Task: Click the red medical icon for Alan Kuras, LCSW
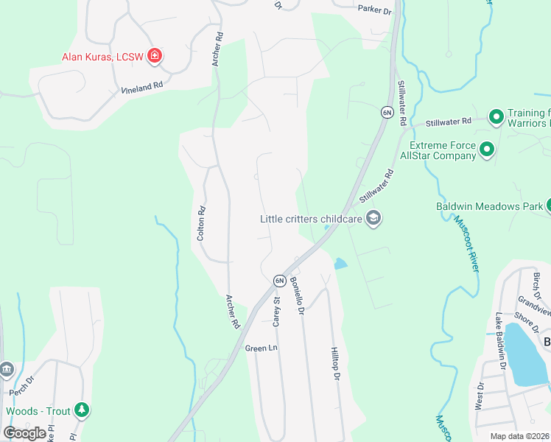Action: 155,55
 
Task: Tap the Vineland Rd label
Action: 141,88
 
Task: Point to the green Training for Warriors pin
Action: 496,116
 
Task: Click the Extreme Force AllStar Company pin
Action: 486,150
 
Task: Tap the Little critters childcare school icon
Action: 373,218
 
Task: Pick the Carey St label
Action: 277,311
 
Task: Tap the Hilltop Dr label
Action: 335,364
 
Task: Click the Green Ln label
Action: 261,348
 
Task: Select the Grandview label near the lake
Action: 534,305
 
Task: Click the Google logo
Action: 24,432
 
